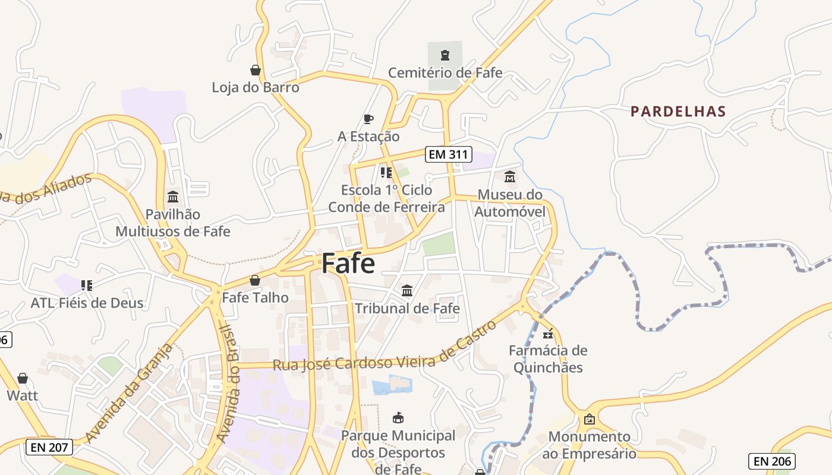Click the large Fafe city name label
pos(348,264)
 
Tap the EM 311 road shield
pos(449,155)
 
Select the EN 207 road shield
pos(49,447)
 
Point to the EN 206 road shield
pos(771,461)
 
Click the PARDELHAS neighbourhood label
pos(678,111)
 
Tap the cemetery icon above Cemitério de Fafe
pos(445,56)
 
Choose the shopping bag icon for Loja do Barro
pos(256,70)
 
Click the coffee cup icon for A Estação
pos(368,119)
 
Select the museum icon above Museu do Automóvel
pos(510,177)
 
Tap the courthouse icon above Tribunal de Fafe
pos(407,290)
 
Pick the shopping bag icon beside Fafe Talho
pos(255,280)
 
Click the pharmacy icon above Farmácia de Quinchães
pos(548,333)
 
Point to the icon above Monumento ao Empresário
pos(589,419)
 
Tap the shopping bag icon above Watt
pos(23,378)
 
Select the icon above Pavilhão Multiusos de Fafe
pos(173,197)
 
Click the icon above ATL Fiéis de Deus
pos(87,286)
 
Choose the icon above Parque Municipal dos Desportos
pos(398,418)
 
